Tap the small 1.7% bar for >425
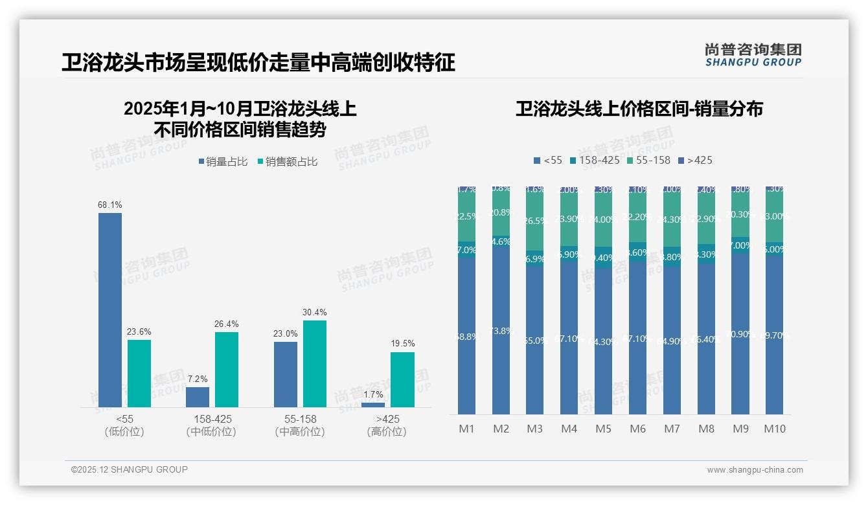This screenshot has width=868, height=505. tap(373, 405)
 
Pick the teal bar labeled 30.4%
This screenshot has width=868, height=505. tap(315, 363)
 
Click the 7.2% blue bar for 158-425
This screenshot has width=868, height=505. tap(198, 397)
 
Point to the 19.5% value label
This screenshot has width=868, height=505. tap(402, 343)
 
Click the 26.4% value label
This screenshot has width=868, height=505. tap(227, 323)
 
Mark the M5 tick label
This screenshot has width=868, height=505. tap(603, 429)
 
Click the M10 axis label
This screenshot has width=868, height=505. tap(775, 429)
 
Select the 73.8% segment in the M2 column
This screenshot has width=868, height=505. tap(501, 330)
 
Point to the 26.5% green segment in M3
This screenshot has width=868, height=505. tap(535, 220)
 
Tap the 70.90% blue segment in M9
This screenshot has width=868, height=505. tap(740, 333)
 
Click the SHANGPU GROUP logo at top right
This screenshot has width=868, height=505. tap(753, 54)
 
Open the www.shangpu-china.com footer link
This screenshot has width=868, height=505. tap(755, 470)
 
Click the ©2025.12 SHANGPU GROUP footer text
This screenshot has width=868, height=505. tap(130, 469)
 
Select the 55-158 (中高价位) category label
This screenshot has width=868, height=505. tap(299, 425)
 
